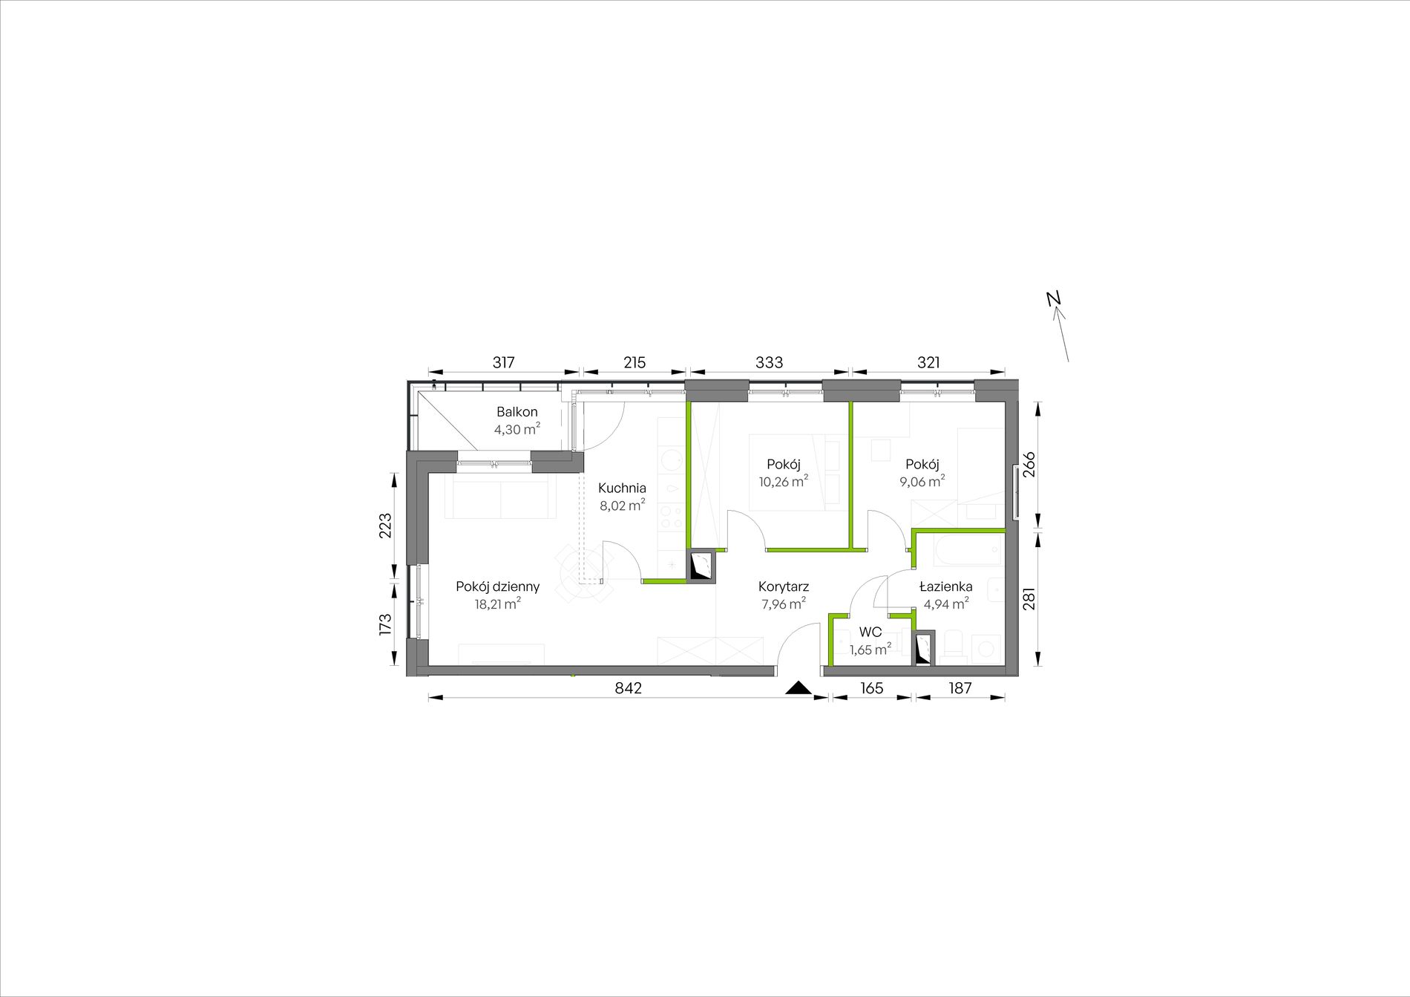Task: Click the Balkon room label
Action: [517, 412]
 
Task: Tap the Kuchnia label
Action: [622, 488]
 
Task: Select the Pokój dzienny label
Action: [498, 586]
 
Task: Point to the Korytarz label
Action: [784, 587]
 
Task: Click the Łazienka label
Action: [945, 586]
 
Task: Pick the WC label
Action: [870, 632]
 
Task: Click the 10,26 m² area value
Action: [783, 481]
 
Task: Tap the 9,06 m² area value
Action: [922, 481]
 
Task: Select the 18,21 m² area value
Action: [498, 604]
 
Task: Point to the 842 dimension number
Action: [628, 688]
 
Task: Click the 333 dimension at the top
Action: [770, 362]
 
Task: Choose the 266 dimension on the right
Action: [1029, 465]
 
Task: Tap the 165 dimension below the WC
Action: [872, 688]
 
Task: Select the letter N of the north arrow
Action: [1053, 298]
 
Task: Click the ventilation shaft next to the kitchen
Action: [701, 568]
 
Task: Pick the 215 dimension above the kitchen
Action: [634, 362]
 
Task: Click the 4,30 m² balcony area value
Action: [517, 429]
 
